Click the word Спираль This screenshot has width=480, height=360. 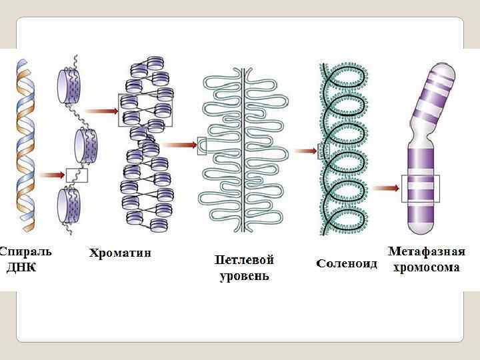25,252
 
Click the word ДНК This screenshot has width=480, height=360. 21,267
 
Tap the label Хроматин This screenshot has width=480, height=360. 120,253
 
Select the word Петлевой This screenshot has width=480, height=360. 244,259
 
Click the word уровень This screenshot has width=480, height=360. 244,275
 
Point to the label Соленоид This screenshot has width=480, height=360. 346,263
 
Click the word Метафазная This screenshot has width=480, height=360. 426,252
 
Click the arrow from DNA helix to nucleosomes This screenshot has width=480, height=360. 51,175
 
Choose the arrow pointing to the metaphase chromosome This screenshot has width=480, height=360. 385,188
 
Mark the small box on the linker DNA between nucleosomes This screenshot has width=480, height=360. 77,175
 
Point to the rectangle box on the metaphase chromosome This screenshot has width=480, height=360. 420,189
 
